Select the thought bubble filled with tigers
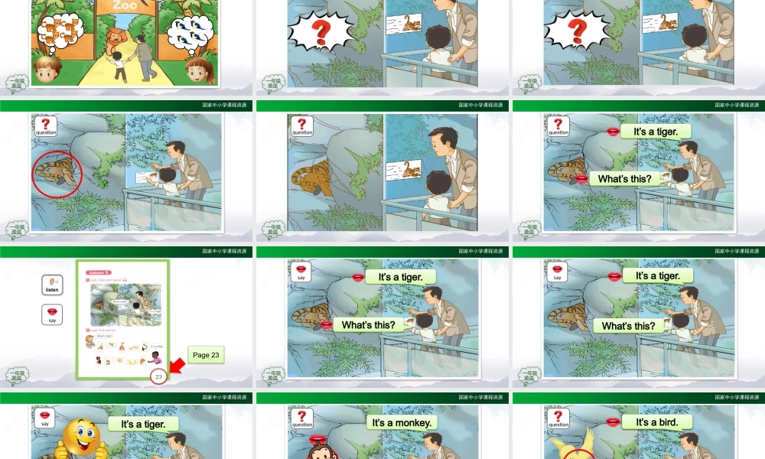[x=60, y=32]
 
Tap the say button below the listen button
[x=52, y=314]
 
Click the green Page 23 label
[x=206, y=355]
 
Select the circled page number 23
[x=159, y=376]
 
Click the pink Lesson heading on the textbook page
[x=98, y=272]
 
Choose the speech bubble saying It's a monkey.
[x=402, y=422]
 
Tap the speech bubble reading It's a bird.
[x=656, y=422]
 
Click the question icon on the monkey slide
[x=302, y=418]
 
